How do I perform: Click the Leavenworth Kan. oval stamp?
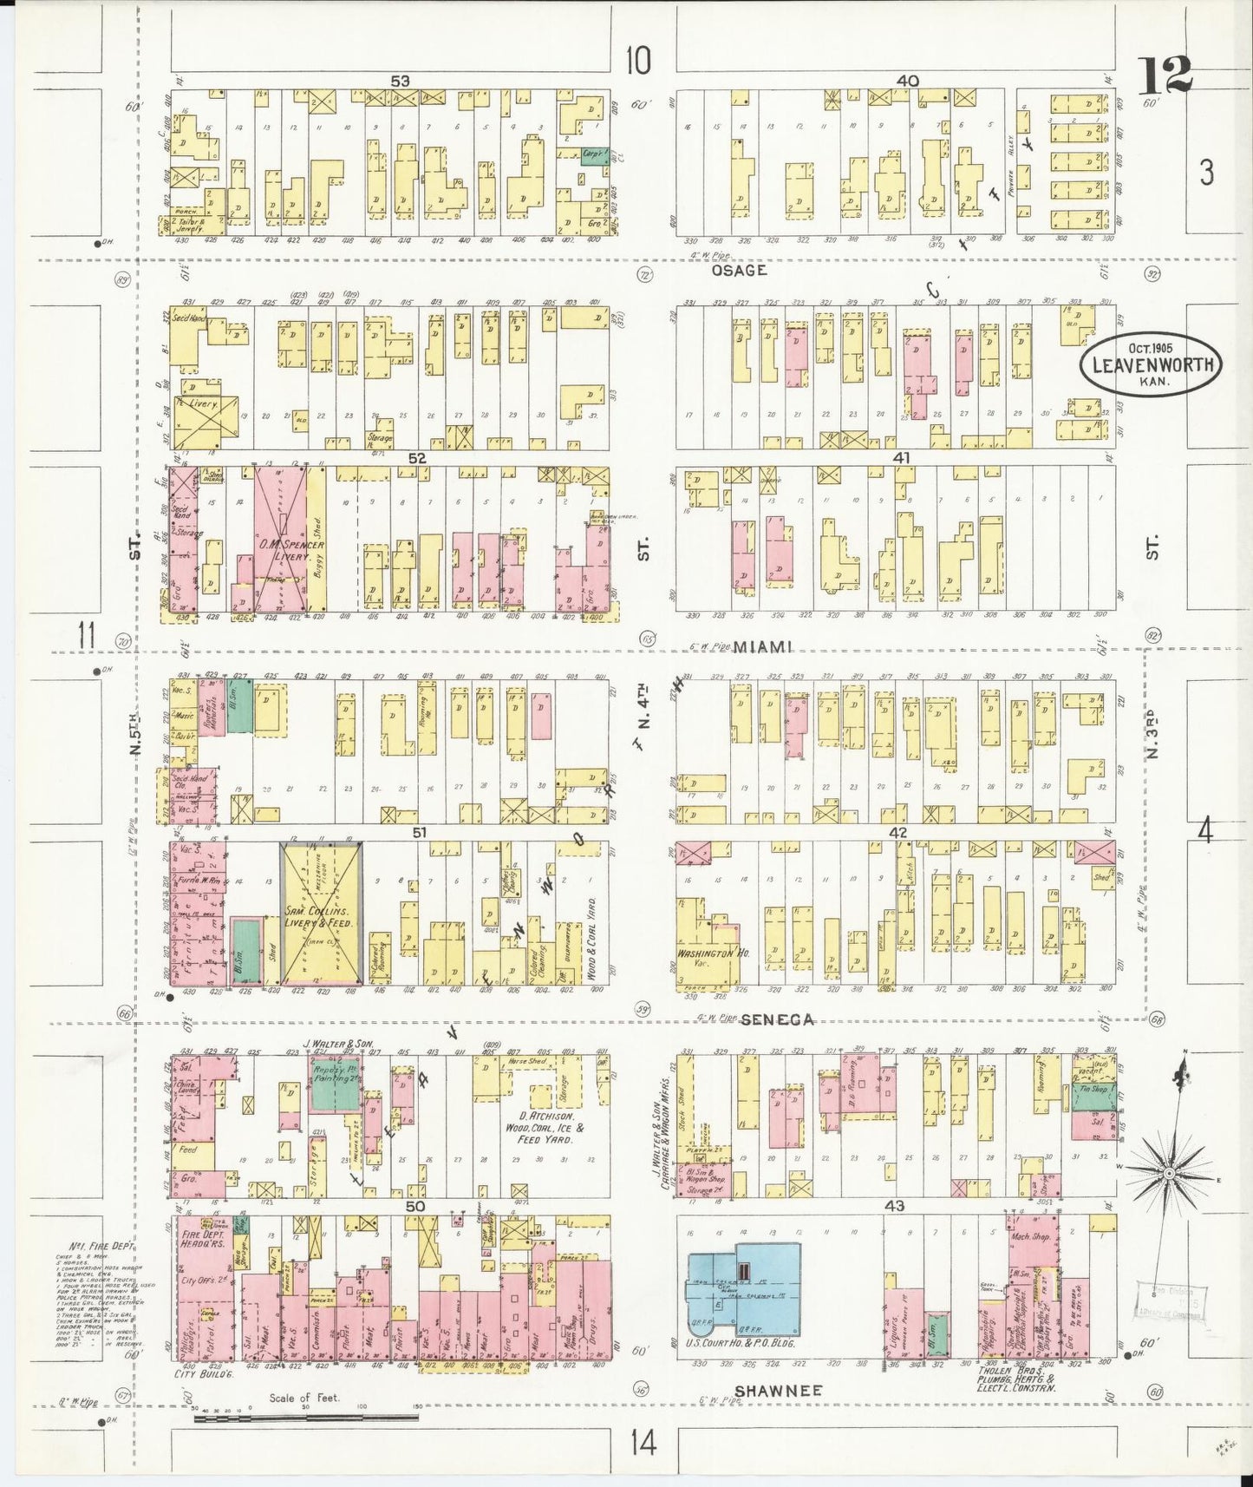pyautogui.click(x=1152, y=365)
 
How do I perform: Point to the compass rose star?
pyautogui.click(x=1168, y=1172)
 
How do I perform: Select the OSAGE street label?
pyautogui.click(x=739, y=270)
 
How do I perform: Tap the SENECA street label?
pyautogui.click(x=776, y=1020)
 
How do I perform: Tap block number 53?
pyautogui.click(x=400, y=81)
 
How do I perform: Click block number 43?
pyautogui.click(x=894, y=1206)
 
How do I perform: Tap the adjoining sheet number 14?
pyautogui.click(x=643, y=1444)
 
